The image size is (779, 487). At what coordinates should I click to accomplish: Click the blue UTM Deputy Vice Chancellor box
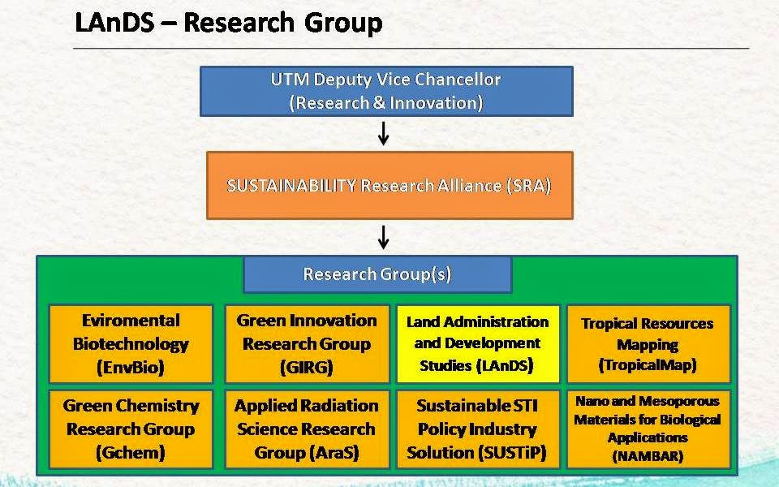pyautogui.click(x=386, y=91)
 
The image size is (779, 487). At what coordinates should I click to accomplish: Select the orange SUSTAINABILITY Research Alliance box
pyautogui.click(x=389, y=185)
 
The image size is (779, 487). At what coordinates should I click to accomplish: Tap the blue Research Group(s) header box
pyautogui.click(x=377, y=274)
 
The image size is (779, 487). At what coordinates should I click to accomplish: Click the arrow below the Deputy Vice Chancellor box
pyautogui.click(x=384, y=133)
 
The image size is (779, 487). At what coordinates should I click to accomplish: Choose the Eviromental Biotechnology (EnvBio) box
pyautogui.click(x=131, y=343)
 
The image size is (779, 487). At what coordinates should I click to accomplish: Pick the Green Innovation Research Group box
pyautogui.click(x=306, y=343)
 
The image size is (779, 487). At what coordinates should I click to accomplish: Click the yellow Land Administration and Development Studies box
pyautogui.click(x=476, y=343)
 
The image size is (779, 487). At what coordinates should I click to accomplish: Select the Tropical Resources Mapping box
pyautogui.click(x=648, y=343)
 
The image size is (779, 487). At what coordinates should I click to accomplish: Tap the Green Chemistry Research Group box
pyautogui.click(x=131, y=429)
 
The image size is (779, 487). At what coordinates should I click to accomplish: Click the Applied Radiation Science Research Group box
pyautogui.click(x=306, y=429)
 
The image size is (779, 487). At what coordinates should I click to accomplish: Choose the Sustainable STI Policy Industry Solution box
pyautogui.click(x=476, y=429)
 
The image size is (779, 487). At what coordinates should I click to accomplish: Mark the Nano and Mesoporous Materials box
pyautogui.click(x=648, y=429)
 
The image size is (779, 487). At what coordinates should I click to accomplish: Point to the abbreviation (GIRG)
pyautogui.click(x=306, y=367)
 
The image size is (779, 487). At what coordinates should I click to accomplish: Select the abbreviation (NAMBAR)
pyautogui.click(x=648, y=455)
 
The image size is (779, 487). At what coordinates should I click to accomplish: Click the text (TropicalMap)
pyautogui.click(x=648, y=365)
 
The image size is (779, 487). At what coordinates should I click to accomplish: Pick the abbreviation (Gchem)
pyautogui.click(x=131, y=452)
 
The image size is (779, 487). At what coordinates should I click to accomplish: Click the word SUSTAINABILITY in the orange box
pyautogui.click(x=291, y=185)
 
